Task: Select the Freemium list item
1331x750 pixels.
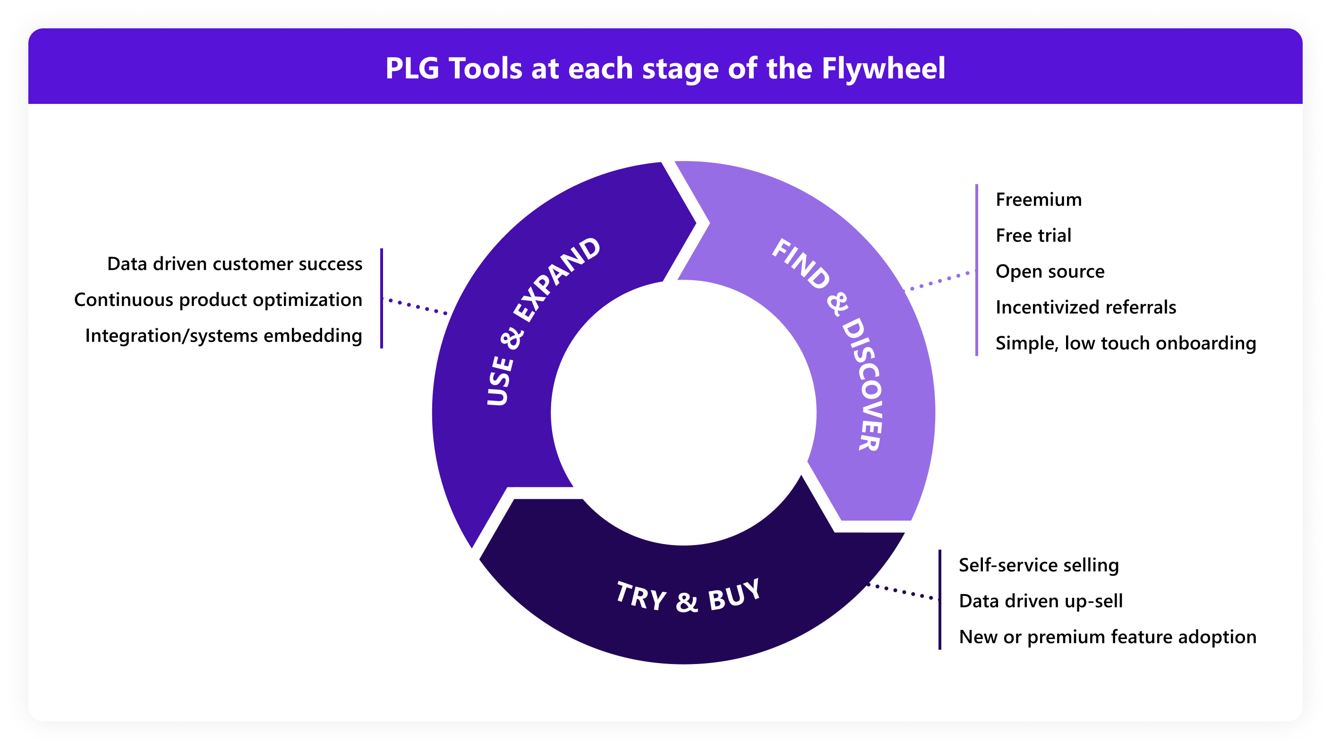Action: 1038,199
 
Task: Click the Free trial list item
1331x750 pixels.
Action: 1033,236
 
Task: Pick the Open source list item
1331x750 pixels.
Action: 1049,271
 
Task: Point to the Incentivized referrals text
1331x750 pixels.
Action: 1085,307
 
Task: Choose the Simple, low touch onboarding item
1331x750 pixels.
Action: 1126,343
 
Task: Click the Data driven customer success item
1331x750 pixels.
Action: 235,264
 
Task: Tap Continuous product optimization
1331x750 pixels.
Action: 218,300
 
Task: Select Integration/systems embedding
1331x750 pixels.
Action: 224,336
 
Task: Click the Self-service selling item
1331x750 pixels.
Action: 1039,565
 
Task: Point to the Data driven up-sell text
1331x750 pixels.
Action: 1040,601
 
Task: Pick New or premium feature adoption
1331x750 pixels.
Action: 1107,637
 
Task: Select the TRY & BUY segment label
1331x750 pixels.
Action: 688,597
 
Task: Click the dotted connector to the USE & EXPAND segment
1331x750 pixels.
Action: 418,307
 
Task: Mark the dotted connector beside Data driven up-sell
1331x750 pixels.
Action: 903,591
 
